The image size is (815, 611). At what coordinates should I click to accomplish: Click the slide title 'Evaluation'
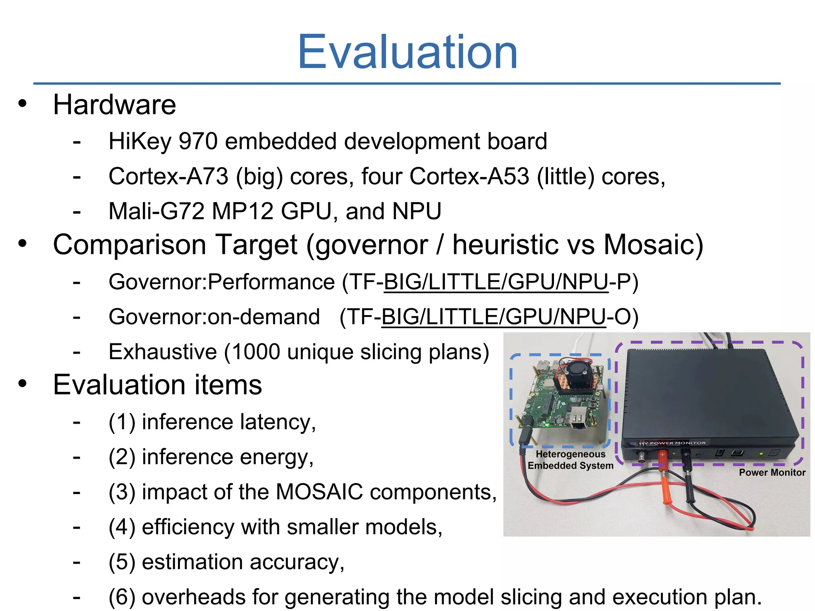click(407, 52)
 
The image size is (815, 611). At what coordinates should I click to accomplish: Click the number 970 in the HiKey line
click(198, 141)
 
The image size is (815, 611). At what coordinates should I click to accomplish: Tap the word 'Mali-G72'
click(156, 211)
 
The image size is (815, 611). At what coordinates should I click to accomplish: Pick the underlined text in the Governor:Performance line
click(496, 282)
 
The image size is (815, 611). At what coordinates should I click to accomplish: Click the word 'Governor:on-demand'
click(214, 317)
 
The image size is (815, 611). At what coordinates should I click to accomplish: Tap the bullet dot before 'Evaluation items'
click(23, 383)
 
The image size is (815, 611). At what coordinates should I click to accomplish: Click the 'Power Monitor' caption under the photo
click(772, 472)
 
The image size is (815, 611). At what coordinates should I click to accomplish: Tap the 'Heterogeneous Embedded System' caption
click(570, 460)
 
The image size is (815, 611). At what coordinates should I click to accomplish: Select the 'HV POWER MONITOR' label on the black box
click(673, 443)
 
